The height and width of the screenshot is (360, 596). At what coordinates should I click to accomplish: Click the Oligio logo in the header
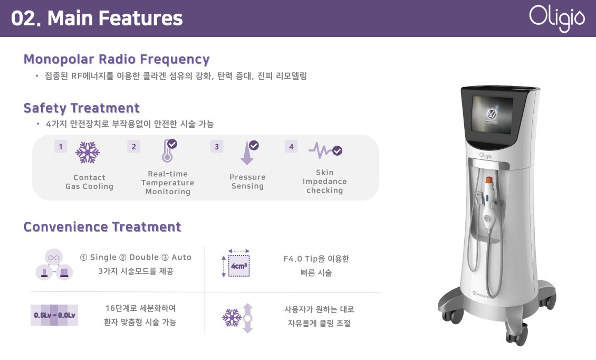pos(557,18)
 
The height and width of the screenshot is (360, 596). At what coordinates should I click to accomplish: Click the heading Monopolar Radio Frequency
pos(117,59)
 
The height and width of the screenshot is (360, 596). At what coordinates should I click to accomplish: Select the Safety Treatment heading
pos(82,108)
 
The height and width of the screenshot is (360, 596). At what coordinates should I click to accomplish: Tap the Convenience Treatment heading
pos(102,227)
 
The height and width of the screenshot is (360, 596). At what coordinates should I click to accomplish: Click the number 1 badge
pos(61,147)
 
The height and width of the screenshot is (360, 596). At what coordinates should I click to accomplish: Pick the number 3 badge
pos(217,147)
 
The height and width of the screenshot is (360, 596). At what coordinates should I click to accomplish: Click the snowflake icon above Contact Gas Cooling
pos(88,152)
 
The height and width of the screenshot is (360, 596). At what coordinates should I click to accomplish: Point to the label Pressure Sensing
pos(247,182)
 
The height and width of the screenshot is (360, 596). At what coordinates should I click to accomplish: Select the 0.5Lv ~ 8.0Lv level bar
pos(54,315)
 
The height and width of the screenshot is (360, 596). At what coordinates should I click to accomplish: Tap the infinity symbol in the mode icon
pos(54,258)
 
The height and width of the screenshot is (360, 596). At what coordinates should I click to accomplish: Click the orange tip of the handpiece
pos(489,180)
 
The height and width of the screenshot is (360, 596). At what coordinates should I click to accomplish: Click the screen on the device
pos(492,114)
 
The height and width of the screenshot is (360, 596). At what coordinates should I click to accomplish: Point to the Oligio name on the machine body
pos(485,155)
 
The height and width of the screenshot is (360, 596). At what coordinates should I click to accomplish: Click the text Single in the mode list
pos(103,257)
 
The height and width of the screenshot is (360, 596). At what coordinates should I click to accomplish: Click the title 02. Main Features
pos(97,18)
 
